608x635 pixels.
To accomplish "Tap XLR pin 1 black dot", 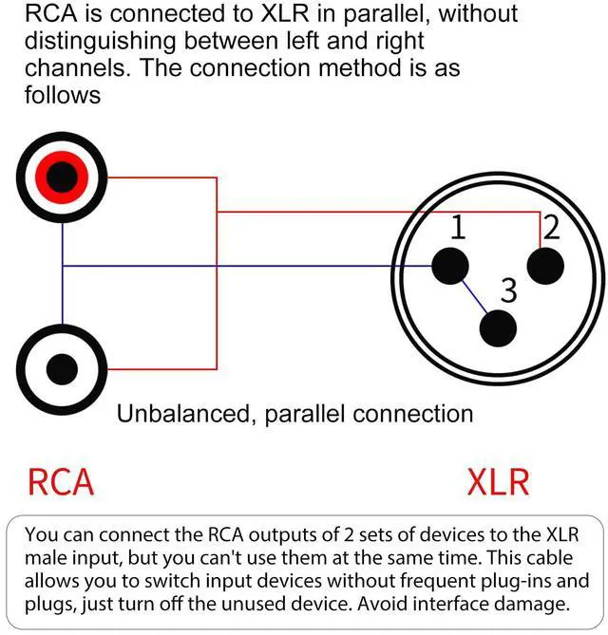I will [449, 266].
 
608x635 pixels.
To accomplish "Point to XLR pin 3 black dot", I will [498, 327].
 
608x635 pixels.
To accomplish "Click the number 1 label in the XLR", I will [458, 228].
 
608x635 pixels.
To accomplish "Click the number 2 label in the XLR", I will [551, 228].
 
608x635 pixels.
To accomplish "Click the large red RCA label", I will [61, 481].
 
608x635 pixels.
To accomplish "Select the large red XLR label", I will [498, 481].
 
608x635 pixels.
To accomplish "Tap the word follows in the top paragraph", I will [63, 96].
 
